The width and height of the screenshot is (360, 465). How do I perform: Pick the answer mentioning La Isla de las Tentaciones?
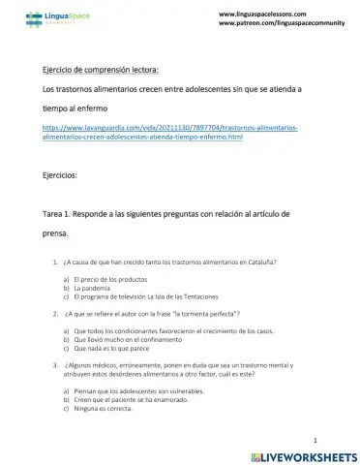145,296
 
